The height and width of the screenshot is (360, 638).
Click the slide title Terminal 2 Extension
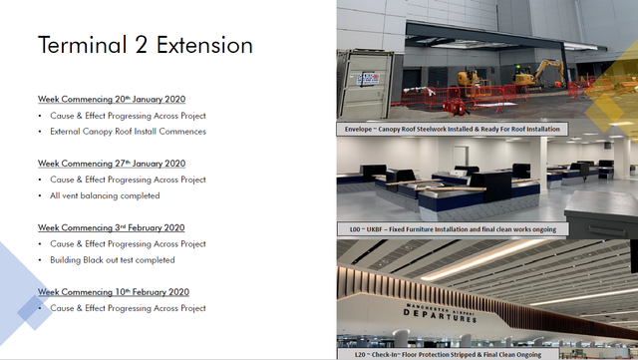[146, 45]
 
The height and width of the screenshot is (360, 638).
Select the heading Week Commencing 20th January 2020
[112, 99]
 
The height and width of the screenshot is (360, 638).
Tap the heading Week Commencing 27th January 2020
[112, 164]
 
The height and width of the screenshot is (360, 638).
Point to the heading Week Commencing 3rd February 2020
[111, 227]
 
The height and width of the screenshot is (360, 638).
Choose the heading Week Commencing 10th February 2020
[114, 292]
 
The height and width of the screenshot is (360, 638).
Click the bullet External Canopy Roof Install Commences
[129, 132]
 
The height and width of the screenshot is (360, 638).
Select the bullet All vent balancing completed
[105, 195]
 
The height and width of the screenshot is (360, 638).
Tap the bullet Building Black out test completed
[113, 260]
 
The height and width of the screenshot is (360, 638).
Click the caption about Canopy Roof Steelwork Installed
[453, 129]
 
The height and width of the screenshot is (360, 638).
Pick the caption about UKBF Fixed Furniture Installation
[453, 229]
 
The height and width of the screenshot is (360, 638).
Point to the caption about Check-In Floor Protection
[448, 354]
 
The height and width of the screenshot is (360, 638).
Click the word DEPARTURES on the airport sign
[440, 315]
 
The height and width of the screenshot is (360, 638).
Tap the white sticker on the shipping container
[368, 79]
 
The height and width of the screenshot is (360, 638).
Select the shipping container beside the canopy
[365, 85]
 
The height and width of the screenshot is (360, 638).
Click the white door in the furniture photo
[461, 156]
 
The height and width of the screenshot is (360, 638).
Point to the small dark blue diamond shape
[35, 313]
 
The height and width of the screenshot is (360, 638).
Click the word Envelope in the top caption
[359, 129]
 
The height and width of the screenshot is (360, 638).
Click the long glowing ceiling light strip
[484, 259]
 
